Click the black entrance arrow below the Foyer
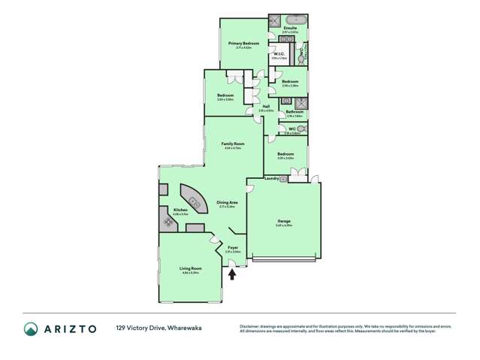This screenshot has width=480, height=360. coord(232,274)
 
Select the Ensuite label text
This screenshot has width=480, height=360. coord(290,29)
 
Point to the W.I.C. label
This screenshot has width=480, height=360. coord(279,54)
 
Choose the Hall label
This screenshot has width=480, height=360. coord(267,107)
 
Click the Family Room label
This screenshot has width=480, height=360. coord(233,144)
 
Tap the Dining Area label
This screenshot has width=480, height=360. coord(228,202)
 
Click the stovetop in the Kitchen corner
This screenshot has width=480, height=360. coord(165,222)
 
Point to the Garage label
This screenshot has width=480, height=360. coord(283,221)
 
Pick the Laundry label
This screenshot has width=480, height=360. coord(272,179)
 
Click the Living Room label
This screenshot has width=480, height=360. coord(191,268)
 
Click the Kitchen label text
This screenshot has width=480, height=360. coord(180,210)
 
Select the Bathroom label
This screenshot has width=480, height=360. coord(294,112)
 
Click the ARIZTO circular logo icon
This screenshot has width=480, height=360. coord(32,328)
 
